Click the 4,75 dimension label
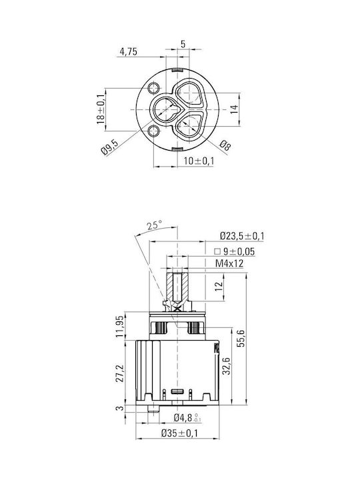(x=128, y=51)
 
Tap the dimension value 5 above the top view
(x=183, y=44)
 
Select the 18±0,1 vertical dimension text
(x=101, y=109)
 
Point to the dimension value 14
(x=234, y=109)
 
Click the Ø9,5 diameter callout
(x=109, y=147)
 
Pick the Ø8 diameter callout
(x=225, y=146)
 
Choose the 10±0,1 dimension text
(x=199, y=161)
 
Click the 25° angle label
(x=154, y=225)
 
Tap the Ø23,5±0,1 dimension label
(x=242, y=236)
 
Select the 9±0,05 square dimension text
(x=235, y=251)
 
